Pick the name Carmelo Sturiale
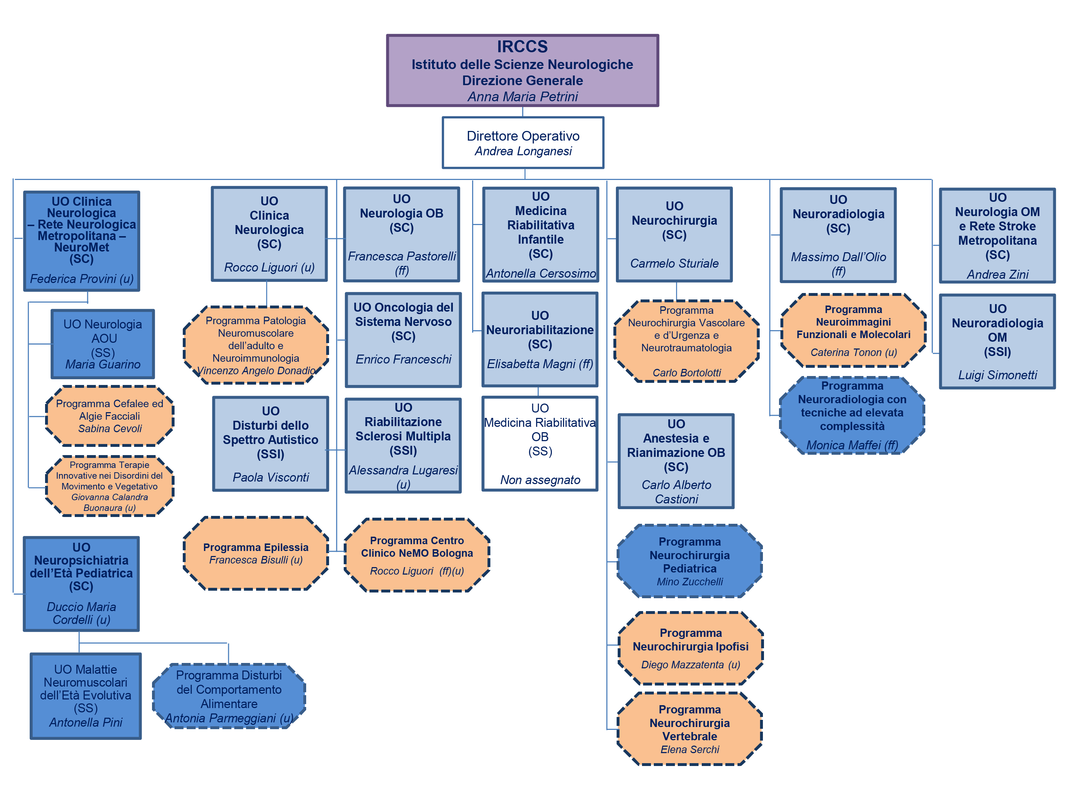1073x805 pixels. coord(674,263)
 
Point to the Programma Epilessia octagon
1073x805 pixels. coord(256,553)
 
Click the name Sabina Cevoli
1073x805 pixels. coord(110,429)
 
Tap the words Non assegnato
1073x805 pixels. coord(540,480)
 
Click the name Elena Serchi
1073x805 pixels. coord(689,749)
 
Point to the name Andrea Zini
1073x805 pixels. coord(997,275)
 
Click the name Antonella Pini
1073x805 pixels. coord(86,722)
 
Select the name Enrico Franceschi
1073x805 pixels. coord(403,359)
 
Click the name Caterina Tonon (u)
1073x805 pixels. coord(853,352)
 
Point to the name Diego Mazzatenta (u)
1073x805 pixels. coord(690,664)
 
